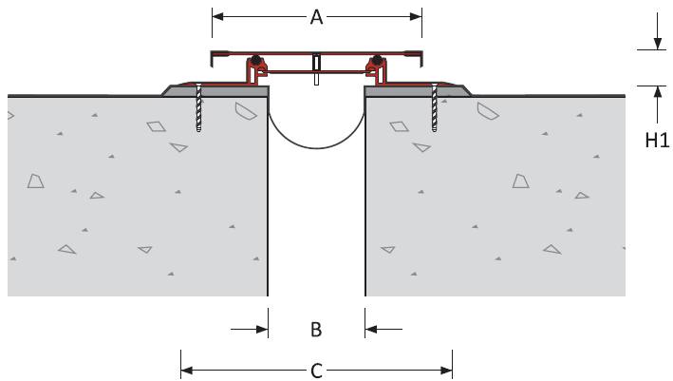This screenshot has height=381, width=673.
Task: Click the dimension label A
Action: click(x=316, y=17)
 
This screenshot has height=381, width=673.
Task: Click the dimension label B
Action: click(x=316, y=330)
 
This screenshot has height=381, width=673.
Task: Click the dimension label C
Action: click(x=316, y=371)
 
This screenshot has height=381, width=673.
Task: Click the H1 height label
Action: click(x=657, y=140)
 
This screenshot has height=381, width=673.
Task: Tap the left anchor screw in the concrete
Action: click(x=198, y=107)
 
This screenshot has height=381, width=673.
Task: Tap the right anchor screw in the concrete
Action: click(x=435, y=107)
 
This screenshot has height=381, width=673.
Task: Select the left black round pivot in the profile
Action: click(x=256, y=60)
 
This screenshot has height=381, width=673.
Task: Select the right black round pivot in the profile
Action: click(x=377, y=60)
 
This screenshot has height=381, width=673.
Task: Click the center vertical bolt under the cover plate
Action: click(x=316, y=69)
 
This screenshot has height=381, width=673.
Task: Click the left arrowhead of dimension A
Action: click(x=217, y=17)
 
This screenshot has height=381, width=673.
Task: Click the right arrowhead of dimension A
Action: click(x=416, y=17)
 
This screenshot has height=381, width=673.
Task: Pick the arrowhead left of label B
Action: click(x=262, y=330)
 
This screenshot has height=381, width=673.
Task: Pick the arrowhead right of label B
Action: click(x=371, y=330)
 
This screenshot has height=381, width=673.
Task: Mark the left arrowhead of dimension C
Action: click(x=187, y=371)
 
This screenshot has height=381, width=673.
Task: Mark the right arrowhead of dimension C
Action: click(x=446, y=371)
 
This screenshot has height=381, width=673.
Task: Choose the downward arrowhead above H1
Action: click(x=657, y=44)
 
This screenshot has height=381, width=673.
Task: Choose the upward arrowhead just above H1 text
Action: click(x=657, y=92)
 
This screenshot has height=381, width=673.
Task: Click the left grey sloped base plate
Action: click(x=215, y=91)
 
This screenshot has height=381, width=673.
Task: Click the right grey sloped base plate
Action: click(x=418, y=91)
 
